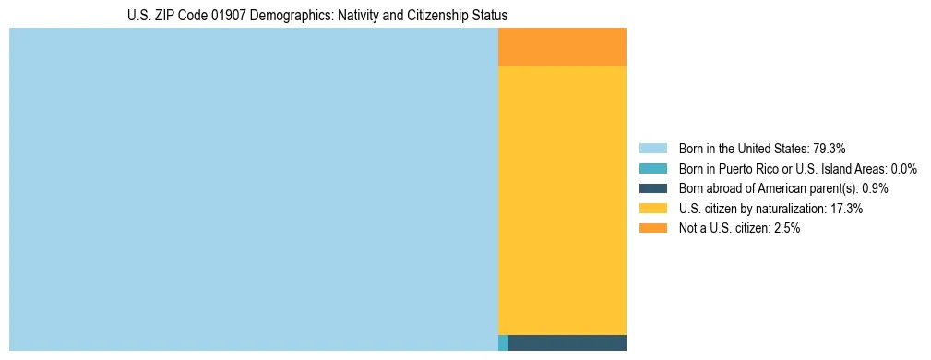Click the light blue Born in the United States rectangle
pyautogui.click(x=253, y=189)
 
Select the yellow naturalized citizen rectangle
pyautogui.click(x=562, y=200)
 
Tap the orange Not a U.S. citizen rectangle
pyautogui.click(x=562, y=47)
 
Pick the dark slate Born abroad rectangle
pyautogui.click(x=567, y=342)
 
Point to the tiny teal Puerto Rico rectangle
pyautogui.click(x=503, y=342)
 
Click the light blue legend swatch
pyautogui.click(x=652, y=149)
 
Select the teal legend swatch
pyautogui.click(x=652, y=169)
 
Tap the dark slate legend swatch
pyautogui.click(x=652, y=188)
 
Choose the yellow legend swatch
pyautogui.click(x=652, y=209)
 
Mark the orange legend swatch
pyautogui.click(x=652, y=228)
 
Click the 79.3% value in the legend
pyautogui.click(x=830, y=149)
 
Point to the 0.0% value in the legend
pyautogui.click(x=903, y=169)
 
